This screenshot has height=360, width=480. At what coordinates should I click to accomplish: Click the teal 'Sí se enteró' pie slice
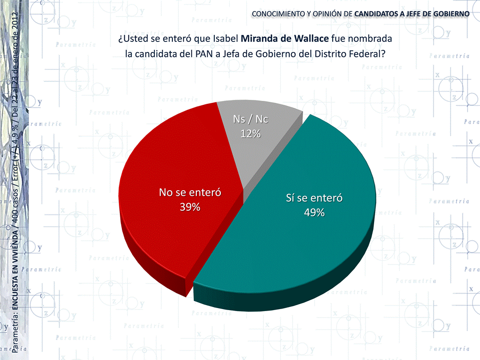coord(320,240)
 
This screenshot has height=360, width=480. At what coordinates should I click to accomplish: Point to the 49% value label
coord(314,212)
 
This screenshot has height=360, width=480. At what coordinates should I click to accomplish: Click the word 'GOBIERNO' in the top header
coord(449,13)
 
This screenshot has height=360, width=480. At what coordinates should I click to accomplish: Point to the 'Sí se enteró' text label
coord(314,198)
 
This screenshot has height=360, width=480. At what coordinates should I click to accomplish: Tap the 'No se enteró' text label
coord(190,193)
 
